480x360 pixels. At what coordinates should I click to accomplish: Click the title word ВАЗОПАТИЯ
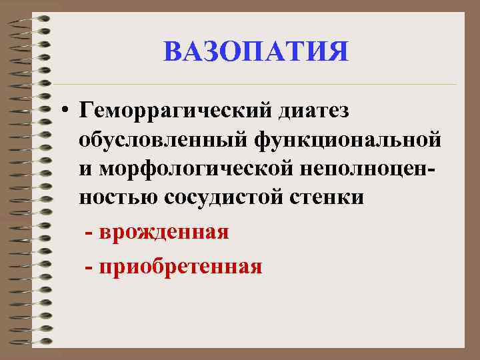click(x=256, y=52)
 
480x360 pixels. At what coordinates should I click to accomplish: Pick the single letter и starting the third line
click(x=85, y=169)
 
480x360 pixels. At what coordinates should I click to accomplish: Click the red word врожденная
click(x=163, y=233)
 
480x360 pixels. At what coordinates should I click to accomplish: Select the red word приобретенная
click(x=179, y=267)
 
